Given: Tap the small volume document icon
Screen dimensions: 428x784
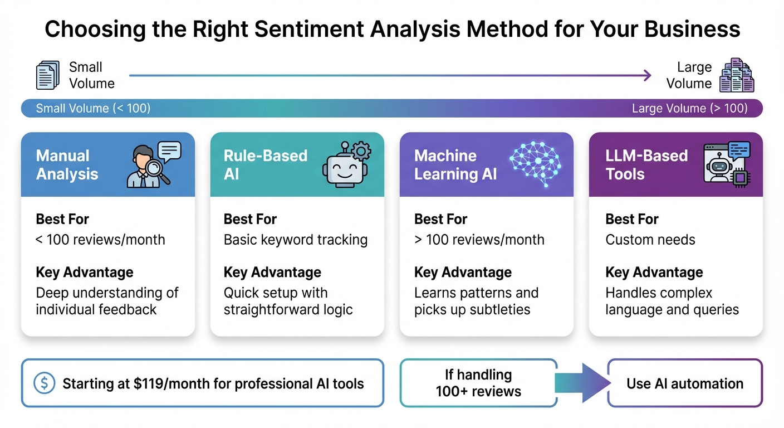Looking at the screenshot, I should pyautogui.click(x=47, y=75).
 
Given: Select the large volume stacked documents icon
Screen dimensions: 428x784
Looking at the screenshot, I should pyautogui.click(x=736, y=75).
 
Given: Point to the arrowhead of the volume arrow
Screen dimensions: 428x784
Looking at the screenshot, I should pyautogui.click(x=647, y=75).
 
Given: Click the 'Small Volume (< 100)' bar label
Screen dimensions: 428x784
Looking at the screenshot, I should pyautogui.click(x=93, y=108).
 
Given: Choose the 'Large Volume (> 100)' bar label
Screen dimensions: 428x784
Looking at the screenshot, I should pyautogui.click(x=689, y=108).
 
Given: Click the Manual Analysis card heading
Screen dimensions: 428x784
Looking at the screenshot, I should pyautogui.click(x=67, y=165).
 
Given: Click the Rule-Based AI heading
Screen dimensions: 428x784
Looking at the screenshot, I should pyautogui.click(x=265, y=165).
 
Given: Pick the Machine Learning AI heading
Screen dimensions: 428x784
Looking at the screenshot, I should pyautogui.click(x=455, y=165).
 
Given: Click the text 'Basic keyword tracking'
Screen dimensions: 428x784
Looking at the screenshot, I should pyautogui.click(x=295, y=240).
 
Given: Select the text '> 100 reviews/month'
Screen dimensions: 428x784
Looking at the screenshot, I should pyautogui.click(x=479, y=240).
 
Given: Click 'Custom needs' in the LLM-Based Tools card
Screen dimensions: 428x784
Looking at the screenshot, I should pyautogui.click(x=650, y=240).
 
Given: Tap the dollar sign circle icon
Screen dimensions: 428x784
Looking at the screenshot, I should pyautogui.click(x=43, y=383).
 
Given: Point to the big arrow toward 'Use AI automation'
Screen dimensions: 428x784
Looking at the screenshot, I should pyautogui.click(x=581, y=383).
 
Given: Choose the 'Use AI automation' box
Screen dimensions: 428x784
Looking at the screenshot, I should pyautogui.click(x=684, y=383).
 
